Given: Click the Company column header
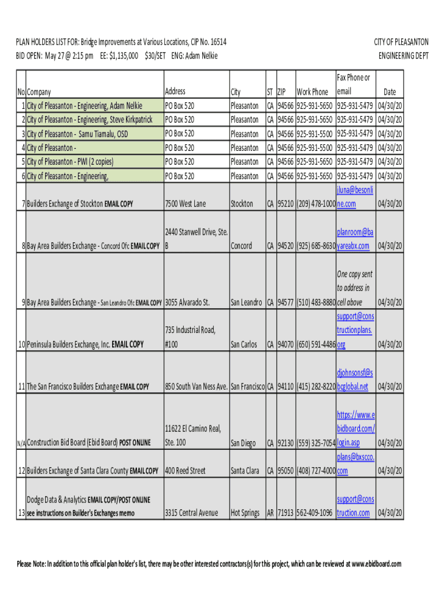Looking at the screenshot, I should tap(39, 92).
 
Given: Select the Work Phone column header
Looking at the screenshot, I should tap(312, 92).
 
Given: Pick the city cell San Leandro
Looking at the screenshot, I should tap(247, 302).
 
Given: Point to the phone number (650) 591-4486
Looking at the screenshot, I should tap(316, 345).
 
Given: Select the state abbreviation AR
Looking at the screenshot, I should tap(270, 513).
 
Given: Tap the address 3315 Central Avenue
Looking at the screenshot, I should tap(192, 513).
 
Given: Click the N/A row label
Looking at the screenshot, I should tap(21, 443).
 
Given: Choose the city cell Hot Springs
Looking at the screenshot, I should tap(245, 513).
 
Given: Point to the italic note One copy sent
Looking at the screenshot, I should tap(355, 274).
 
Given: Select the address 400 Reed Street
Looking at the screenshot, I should tap(186, 471).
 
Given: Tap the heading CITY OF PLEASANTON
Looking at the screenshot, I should tap(401, 42).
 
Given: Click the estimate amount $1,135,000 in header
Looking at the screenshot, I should tap(123, 56).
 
